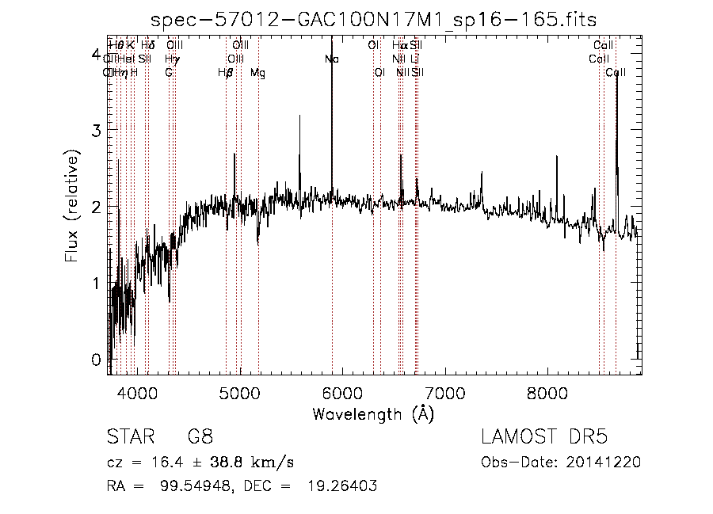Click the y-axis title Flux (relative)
[72, 208]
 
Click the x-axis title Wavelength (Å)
[373, 413]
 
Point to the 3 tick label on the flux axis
[96, 129]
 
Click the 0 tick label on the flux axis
[96, 359]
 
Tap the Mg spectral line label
[258, 73]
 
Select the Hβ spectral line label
[226, 73]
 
